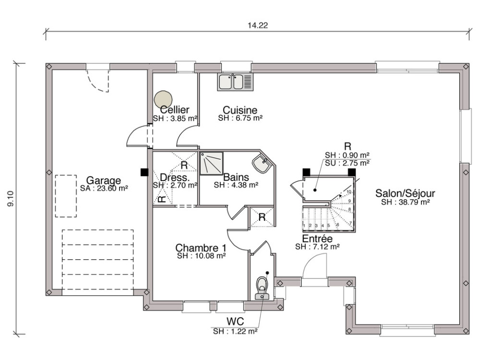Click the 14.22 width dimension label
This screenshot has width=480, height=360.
[258, 26]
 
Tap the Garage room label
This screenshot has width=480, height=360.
[104, 181]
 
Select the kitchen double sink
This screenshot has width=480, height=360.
[235, 82]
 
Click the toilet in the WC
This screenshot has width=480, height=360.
[262, 288]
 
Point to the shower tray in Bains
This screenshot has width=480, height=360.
[212, 163]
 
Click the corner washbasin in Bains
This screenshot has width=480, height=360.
[263, 165]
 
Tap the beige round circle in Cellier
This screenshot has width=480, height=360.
[163, 99]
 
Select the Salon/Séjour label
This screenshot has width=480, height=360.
[405, 193]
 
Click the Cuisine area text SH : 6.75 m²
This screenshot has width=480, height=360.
[240, 118]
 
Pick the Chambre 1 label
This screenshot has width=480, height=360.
[201, 248]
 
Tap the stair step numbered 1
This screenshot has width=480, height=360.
[304, 225]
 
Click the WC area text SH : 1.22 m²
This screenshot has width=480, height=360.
[235, 331]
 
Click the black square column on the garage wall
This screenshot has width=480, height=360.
[144, 172]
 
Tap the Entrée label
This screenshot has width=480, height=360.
[317, 239]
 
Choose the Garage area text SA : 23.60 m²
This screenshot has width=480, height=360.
[104, 189]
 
